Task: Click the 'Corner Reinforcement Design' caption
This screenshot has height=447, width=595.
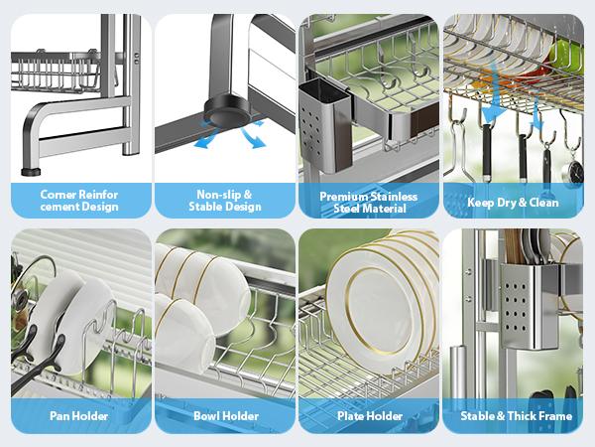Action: [79, 201]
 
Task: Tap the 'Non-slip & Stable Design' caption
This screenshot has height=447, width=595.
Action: [225, 201]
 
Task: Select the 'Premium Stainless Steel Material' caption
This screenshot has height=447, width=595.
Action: [369, 203]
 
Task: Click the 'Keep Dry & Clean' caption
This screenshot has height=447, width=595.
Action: [513, 203]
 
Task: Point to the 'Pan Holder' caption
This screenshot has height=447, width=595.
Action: [79, 416]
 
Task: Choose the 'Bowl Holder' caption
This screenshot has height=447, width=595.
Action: [226, 416]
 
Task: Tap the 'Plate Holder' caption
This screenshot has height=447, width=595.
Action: [370, 416]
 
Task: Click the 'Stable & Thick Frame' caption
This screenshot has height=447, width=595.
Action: [516, 416]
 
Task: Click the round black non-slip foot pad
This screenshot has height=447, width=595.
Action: [227, 110]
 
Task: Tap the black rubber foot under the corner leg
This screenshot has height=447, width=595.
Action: [31, 172]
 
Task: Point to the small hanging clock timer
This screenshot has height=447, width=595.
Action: [572, 174]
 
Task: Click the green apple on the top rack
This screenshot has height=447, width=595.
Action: [566, 56]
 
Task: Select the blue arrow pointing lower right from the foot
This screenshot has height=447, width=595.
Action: [254, 138]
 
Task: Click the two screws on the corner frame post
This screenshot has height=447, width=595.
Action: [136, 59]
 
